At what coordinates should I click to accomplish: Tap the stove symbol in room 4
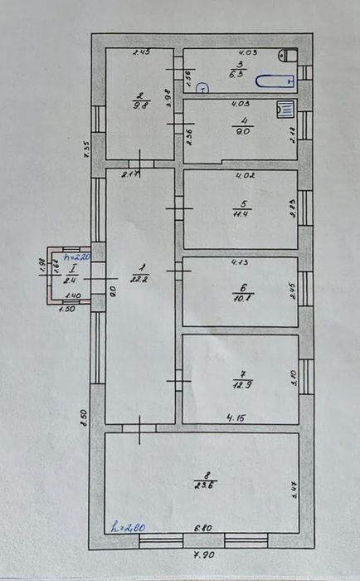285,109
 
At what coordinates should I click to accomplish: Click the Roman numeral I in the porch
73,269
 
